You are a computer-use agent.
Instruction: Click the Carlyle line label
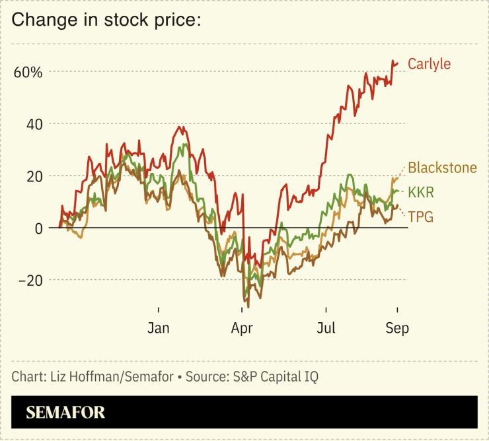point(429,64)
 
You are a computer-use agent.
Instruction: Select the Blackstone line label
point(442,168)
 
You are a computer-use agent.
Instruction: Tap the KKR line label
point(422,192)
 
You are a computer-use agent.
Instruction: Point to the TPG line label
point(420,216)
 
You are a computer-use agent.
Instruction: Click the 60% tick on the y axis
point(28,71)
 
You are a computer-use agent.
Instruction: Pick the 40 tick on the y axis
point(34,123)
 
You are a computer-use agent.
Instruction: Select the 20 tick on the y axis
point(34,176)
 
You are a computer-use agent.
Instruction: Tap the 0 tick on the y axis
point(38,228)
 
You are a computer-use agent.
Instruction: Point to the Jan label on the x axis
point(159,328)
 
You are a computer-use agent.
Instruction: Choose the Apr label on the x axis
point(243,328)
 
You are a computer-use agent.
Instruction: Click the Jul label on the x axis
point(326,328)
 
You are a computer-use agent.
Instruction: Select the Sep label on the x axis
point(396,328)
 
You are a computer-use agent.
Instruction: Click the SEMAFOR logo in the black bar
point(65,413)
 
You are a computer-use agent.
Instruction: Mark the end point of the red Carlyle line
point(397,63)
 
